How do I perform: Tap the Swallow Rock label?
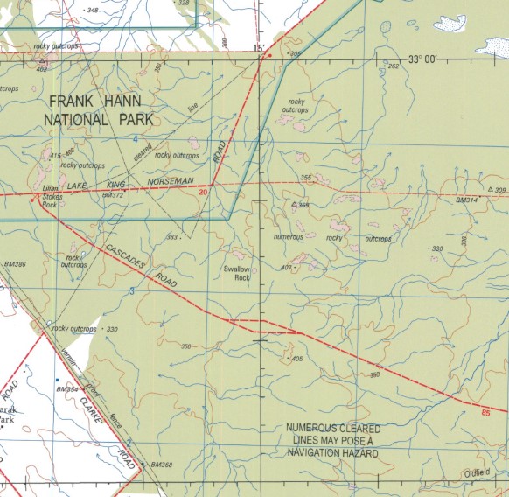click(x=237, y=273)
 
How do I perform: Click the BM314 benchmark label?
click(x=467, y=200)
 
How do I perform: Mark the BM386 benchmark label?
click(x=15, y=264)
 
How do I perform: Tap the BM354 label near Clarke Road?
click(x=66, y=388)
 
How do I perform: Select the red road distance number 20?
click(x=203, y=192)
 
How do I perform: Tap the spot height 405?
click(x=296, y=359)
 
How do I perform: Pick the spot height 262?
click(x=393, y=66)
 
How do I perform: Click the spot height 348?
click(x=93, y=10)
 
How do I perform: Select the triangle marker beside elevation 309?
click(x=488, y=189)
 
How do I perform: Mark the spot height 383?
click(x=173, y=237)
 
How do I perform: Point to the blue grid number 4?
click(x=136, y=139)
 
